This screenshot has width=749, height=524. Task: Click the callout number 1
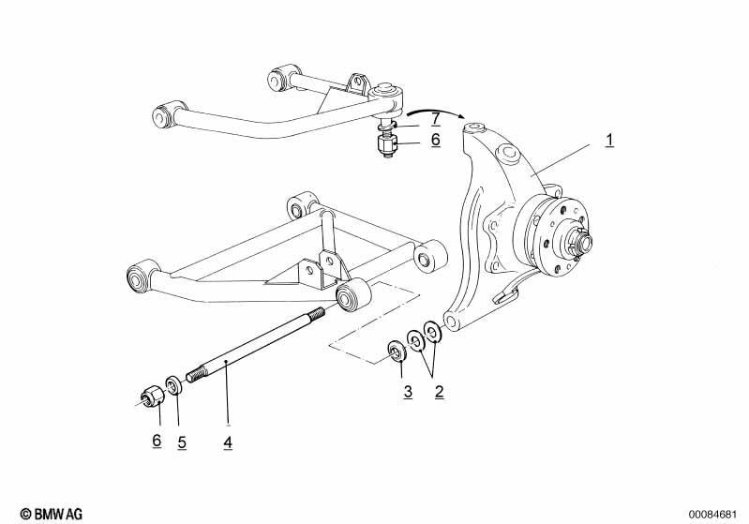[609, 141]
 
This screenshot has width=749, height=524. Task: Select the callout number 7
[435, 118]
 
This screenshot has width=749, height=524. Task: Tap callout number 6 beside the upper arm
[435, 140]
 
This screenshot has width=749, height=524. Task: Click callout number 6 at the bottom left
[157, 441]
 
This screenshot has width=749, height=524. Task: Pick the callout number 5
[182, 442]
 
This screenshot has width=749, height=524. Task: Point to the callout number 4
[228, 442]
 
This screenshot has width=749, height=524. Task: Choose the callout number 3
[408, 392]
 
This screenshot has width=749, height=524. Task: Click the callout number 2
[439, 392]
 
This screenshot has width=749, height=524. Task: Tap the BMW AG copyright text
[52, 514]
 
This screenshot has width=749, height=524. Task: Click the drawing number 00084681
[712, 515]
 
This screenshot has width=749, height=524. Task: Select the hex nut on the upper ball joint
[386, 143]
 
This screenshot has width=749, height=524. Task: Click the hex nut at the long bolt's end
[153, 396]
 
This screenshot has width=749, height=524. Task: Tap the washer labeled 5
[172, 385]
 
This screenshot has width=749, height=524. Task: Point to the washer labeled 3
[397, 352]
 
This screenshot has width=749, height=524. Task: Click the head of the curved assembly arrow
[461, 117]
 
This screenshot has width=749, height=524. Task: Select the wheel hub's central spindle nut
[584, 240]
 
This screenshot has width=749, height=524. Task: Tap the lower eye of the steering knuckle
[451, 321]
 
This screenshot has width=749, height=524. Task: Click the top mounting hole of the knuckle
[475, 127]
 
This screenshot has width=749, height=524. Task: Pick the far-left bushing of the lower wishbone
[138, 277]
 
